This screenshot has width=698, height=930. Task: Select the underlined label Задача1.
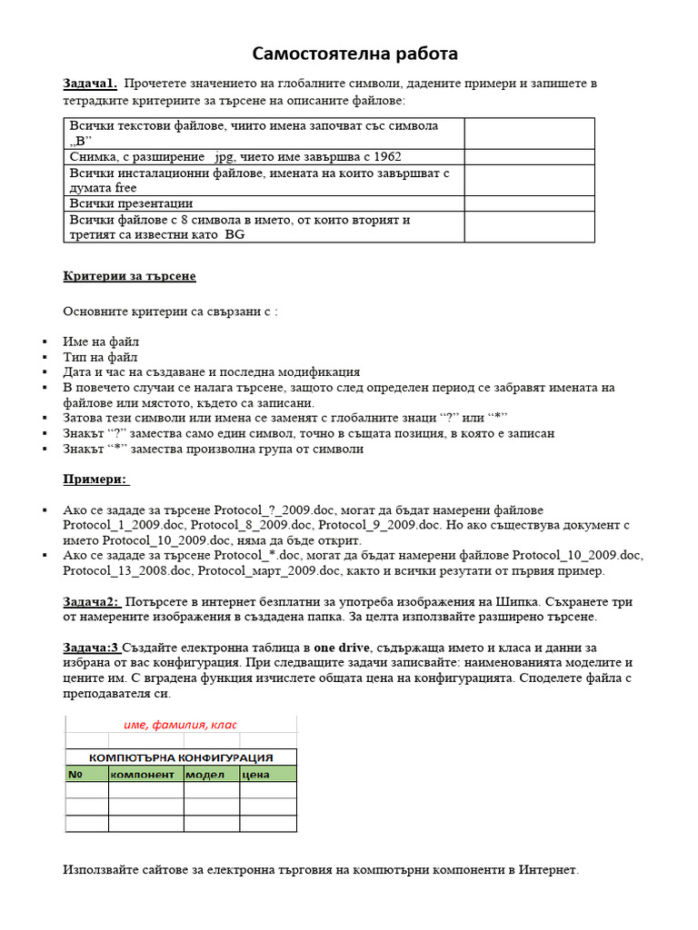(x=90, y=84)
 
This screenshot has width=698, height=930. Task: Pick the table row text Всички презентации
(x=131, y=203)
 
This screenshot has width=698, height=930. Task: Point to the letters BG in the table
(x=234, y=235)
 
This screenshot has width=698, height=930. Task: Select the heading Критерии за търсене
(x=129, y=276)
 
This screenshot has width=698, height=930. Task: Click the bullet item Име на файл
(x=101, y=341)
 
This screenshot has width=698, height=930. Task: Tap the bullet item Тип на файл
(x=101, y=357)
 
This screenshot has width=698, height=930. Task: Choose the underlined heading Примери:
(x=95, y=479)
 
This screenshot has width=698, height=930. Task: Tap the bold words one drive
(x=344, y=648)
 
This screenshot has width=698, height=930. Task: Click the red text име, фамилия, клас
(x=180, y=725)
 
